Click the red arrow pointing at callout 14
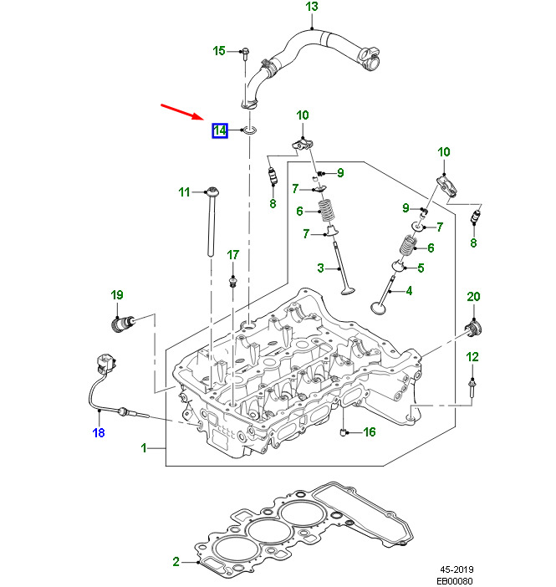point(181,112)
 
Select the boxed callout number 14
point(219,130)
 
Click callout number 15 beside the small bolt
point(219,51)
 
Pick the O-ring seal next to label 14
point(248,130)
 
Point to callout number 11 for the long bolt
point(185,192)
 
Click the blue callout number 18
point(99,432)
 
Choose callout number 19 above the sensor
point(117,294)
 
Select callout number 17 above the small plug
point(233,254)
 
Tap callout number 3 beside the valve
point(320,268)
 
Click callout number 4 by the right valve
point(409,291)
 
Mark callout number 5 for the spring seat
point(421,268)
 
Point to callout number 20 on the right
point(473,297)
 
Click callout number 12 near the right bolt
point(472,357)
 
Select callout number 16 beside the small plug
point(369,432)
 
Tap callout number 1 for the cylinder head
point(144,448)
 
